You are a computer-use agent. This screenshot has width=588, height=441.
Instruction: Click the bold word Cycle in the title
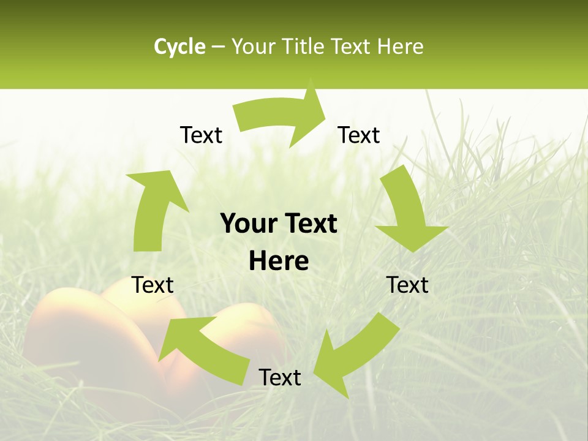[x=179, y=47]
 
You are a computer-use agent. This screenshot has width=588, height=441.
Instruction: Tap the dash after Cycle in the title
[x=218, y=47]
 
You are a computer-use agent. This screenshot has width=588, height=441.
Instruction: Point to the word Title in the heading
[x=304, y=47]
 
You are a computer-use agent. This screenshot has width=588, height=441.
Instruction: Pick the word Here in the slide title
[x=401, y=47]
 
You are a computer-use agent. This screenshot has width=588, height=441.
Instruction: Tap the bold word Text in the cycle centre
[x=310, y=224]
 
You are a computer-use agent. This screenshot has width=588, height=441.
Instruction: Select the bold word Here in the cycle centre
[x=279, y=262]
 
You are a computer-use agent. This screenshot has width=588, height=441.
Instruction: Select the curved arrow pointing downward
[x=407, y=211]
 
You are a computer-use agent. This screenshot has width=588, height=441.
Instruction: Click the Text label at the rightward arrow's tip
[x=359, y=135]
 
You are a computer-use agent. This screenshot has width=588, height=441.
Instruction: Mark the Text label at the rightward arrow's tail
[x=201, y=135]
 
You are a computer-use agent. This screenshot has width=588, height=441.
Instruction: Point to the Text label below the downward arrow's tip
[x=407, y=285]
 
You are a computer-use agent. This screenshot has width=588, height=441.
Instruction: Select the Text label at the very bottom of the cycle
[x=280, y=377]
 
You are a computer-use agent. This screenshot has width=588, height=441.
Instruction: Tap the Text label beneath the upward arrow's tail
[x=153, y=285]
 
